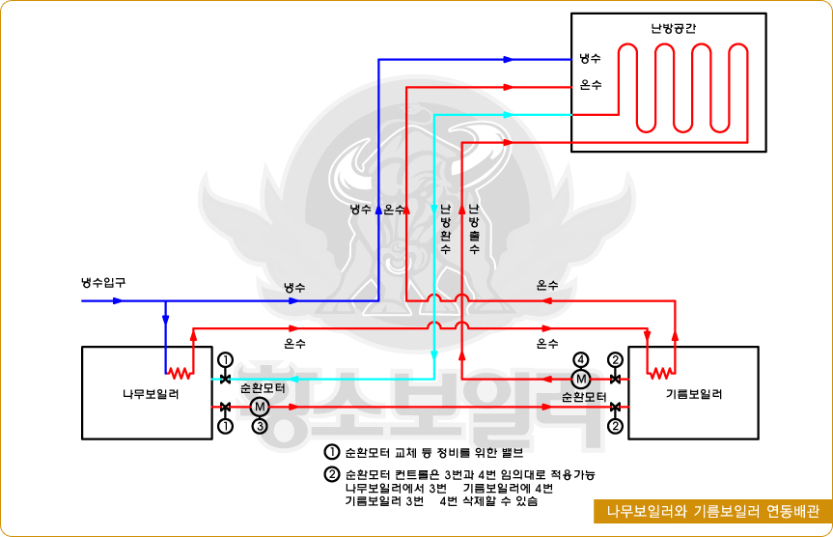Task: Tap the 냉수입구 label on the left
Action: [x=103, y=283]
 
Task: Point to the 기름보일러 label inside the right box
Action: [x=694, y=394]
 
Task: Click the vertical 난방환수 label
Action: [x=445, y=229]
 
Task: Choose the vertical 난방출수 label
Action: [x=474, y=229]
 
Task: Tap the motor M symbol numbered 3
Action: [x=259, y=407]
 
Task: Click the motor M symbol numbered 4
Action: [x=581, y=378]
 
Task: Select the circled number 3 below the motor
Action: [x=259, y=426]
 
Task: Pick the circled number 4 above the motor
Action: [x=581, y=359]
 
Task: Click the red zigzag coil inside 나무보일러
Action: [x=178, y=372]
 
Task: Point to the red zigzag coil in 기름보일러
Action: [x=660, y=372]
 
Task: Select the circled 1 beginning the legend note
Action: [x=332, y=452]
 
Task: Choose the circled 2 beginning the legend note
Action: [x=332, y=474]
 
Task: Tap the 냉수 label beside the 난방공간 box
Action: [x=591, y=59]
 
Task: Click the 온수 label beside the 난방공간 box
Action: [x=591, y=86]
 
